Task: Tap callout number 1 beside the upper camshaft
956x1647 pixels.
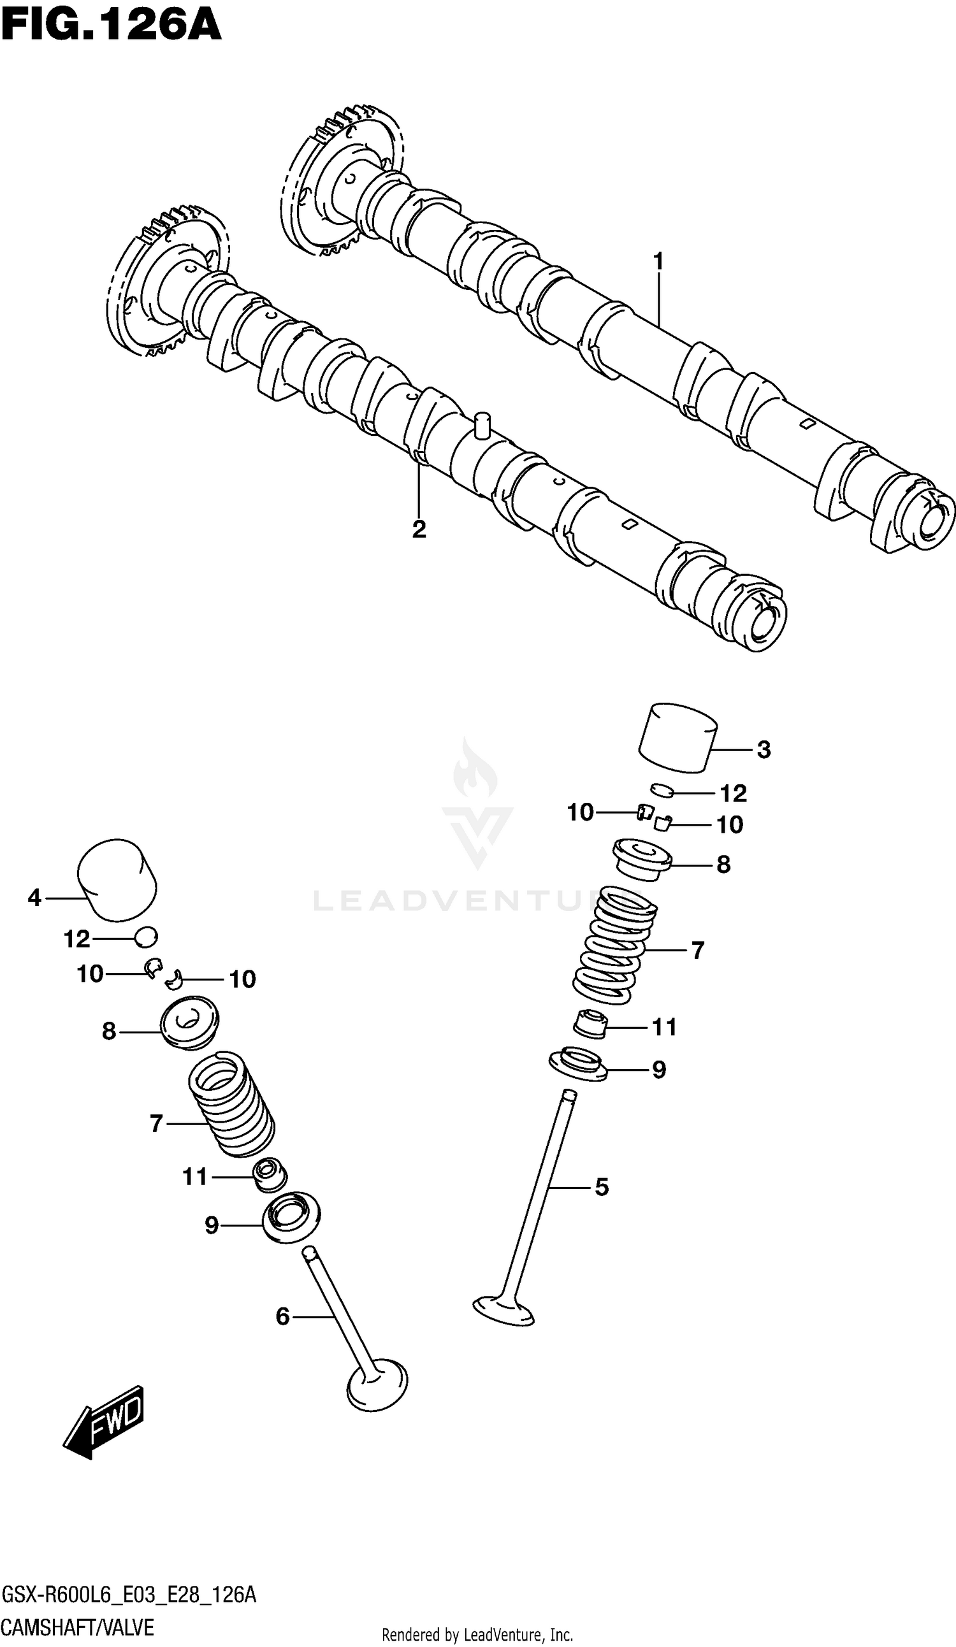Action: coord(658,262)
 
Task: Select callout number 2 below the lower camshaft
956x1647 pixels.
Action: coord(419,529)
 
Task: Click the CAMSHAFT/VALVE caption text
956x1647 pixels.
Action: coord(78,1628)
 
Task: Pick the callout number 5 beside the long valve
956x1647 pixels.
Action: coord(602,1187)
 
